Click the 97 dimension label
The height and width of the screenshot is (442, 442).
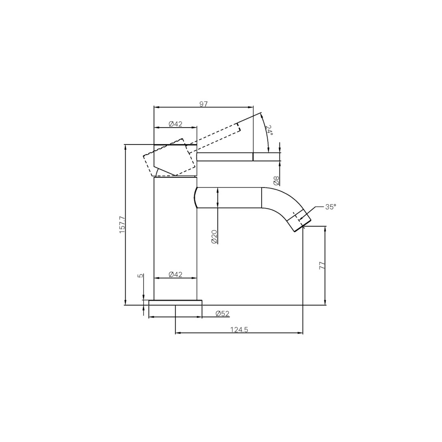coord(203,104)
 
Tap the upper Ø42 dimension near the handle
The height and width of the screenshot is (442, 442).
coord(175,124)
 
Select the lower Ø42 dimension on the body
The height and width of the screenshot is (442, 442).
coord(175,275)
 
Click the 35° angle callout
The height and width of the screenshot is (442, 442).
coord(330,207)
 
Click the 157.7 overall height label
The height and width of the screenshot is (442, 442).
coord(122,225)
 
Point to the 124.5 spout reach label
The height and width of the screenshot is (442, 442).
coord(239,330)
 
